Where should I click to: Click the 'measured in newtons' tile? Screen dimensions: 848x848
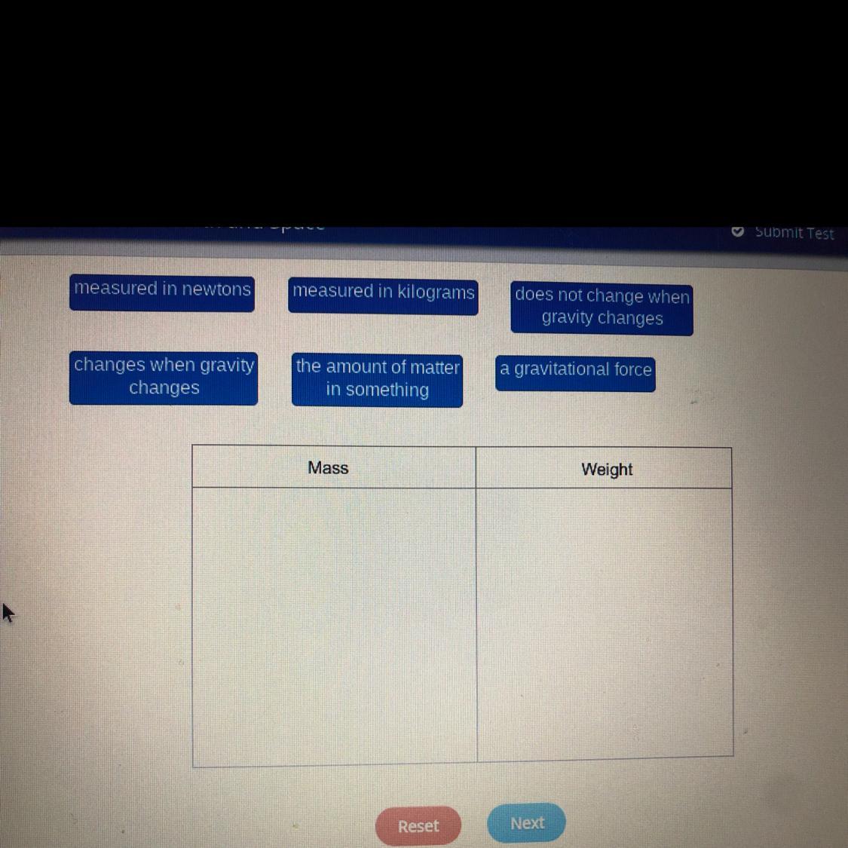tap(162, 292)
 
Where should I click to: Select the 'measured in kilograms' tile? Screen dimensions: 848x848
tap(383, 294)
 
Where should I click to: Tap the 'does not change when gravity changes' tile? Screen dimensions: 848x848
tap(602, 307)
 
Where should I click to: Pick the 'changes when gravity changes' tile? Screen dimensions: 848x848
tap(164, 377)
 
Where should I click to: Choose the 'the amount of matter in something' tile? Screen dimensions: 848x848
tap(377, 379)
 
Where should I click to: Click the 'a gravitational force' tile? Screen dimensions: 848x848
tap(575, 372)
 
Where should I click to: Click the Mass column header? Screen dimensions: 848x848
tap(329, 468)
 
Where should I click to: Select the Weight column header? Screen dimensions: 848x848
tap(607, 470)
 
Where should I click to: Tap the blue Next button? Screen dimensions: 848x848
tap(527, 823)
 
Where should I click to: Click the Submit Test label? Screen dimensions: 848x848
tap(794, 233)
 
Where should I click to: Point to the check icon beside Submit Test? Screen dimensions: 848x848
tap(738, 231)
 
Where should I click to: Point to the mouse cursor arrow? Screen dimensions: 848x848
tap(7, 612)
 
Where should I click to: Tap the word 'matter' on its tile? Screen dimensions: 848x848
tap(435, 367)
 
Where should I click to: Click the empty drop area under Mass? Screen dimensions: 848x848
tap(334, 626)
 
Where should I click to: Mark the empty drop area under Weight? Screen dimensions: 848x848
tap(605, 622)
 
